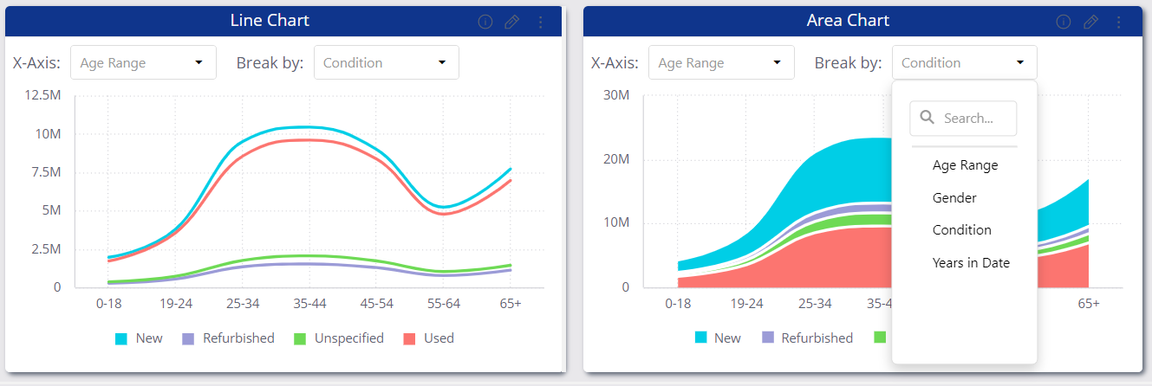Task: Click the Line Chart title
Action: (270, 21)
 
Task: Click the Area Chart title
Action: (848, 21)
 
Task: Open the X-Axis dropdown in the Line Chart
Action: (143, 62)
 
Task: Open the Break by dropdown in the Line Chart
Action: (386, 62)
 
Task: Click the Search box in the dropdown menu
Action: (963, 118)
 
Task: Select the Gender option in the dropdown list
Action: (954, 198)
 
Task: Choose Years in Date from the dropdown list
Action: (971, 263)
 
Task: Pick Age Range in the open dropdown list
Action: (965, 165)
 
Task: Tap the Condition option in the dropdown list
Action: (961, 230)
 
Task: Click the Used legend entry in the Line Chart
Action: (429, 338)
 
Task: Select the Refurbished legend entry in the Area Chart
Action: (807, 338)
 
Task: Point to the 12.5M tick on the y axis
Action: (42, 95)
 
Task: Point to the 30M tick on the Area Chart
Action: (615, 95)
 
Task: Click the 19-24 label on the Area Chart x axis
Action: (746, 304)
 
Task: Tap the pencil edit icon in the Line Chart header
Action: (511, 22)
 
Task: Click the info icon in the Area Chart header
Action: (1064, 22)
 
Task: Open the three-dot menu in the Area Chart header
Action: (1119, 22)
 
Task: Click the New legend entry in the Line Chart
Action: (139, 338)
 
